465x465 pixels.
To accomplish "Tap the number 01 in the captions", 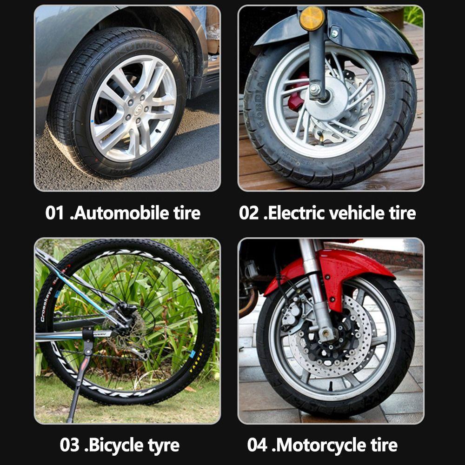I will coord(54,213).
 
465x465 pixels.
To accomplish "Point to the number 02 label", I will coord(249,213).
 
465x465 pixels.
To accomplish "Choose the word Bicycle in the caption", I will coord(110,445).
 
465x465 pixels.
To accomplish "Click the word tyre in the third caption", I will coord(157,445).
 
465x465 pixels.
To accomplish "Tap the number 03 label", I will coord(69,445).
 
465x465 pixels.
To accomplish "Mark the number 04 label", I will coord(257,445).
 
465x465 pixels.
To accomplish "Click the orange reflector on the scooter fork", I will coord(312,19).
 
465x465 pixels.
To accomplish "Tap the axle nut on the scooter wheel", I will coord(315,88).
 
